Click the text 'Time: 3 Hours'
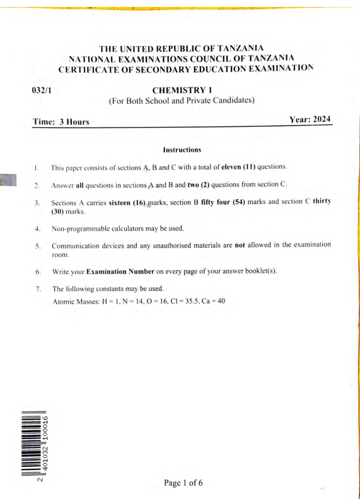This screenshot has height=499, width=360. point(61,121)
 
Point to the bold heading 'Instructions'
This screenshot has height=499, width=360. point(182,150)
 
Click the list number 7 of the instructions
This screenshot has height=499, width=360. point(38,289)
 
